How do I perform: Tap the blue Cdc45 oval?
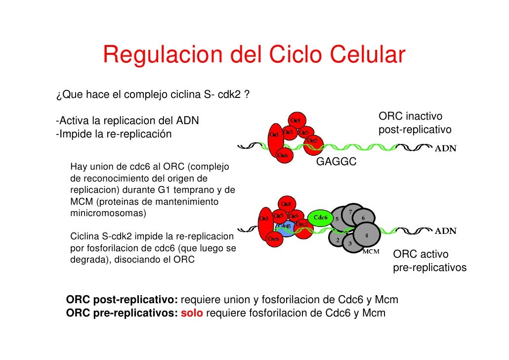point(286,228)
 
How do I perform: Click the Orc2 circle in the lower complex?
point(302,224)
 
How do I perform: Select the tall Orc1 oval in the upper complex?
point(276,138)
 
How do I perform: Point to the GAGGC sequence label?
point(336,162)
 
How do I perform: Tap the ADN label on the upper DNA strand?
point(445,148)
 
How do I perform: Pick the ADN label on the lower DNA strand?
point(445,231)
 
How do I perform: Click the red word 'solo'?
point(192,313)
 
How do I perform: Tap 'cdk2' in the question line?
point(227,95)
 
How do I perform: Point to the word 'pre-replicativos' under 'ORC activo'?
point(430,268)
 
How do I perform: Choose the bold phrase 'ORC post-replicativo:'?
point(122,300)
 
